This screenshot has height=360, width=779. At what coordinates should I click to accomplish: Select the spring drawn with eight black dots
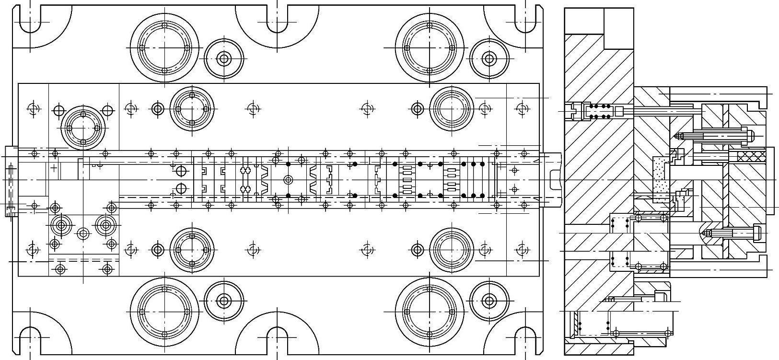coord(599,111)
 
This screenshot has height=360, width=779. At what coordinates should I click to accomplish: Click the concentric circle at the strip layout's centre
coord(288,180)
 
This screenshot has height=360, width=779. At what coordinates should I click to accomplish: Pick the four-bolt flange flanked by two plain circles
coord(83,128)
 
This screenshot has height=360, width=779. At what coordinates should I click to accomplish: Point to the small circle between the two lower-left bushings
coord(83,234)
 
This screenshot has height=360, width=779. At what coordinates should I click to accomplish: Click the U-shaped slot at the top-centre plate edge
coord(277,19)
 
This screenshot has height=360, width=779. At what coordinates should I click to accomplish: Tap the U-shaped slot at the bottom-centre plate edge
coord(277,340)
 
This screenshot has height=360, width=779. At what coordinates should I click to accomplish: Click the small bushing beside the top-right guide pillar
coord(488,59)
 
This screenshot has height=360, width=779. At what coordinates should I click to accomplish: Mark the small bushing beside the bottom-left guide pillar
coord(223,301)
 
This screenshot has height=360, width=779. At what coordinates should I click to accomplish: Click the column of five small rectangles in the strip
coord(407,180)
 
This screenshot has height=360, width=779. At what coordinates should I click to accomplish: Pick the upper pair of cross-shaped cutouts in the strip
coord(245,170)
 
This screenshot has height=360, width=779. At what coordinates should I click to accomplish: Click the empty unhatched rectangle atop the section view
coord(618,28)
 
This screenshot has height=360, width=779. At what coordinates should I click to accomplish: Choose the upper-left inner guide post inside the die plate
coord(192,109)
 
